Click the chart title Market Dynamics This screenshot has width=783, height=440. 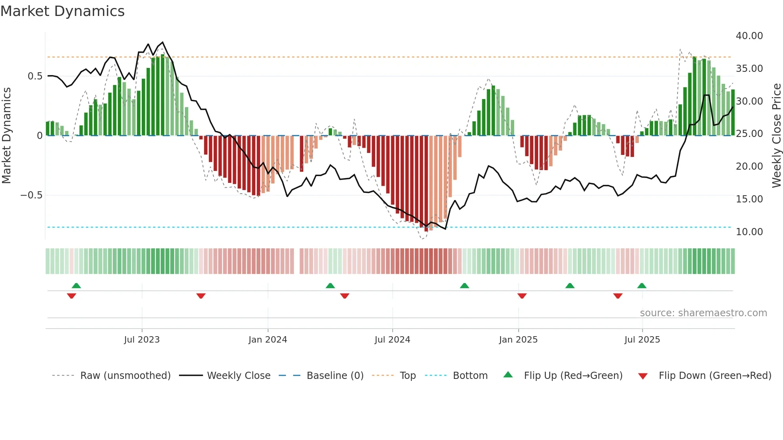coord(62,11)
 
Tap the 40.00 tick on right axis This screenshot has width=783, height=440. coord(749,36)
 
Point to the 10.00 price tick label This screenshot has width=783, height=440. coord(749,232)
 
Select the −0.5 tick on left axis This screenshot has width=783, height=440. coord(31,195)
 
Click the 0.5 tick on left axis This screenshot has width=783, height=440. coord(35,76)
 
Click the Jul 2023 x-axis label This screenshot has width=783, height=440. coord(142,340)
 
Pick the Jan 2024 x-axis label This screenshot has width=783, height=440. coord(268,340)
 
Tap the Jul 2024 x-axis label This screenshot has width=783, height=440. coord(392,340)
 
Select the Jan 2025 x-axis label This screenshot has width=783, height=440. coord(518,340)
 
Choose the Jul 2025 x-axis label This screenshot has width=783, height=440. coord(642,340)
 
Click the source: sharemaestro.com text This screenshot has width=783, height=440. coord(703,313)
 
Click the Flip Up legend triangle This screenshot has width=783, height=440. coord(508,375)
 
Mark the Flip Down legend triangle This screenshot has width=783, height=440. coord(643,376)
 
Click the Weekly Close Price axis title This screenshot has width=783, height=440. coord(776,135)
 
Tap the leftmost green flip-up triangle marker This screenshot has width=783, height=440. coord(76,285)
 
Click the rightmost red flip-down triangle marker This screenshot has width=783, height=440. coord(618,296)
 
